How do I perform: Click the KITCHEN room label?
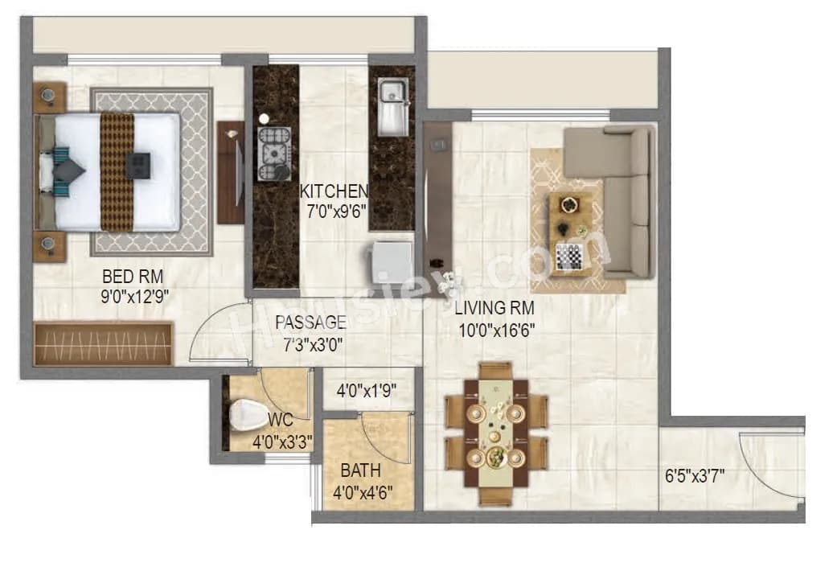click(334, 191)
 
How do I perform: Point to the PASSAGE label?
click(310, 322)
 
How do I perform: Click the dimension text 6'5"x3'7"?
click(695, 474)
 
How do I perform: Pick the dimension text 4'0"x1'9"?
click(366, 392)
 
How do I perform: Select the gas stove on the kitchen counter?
click(273, 152)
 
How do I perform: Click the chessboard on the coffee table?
click(569, 257)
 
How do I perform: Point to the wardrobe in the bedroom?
click(104, 344)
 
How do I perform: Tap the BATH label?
click(360, 470)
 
